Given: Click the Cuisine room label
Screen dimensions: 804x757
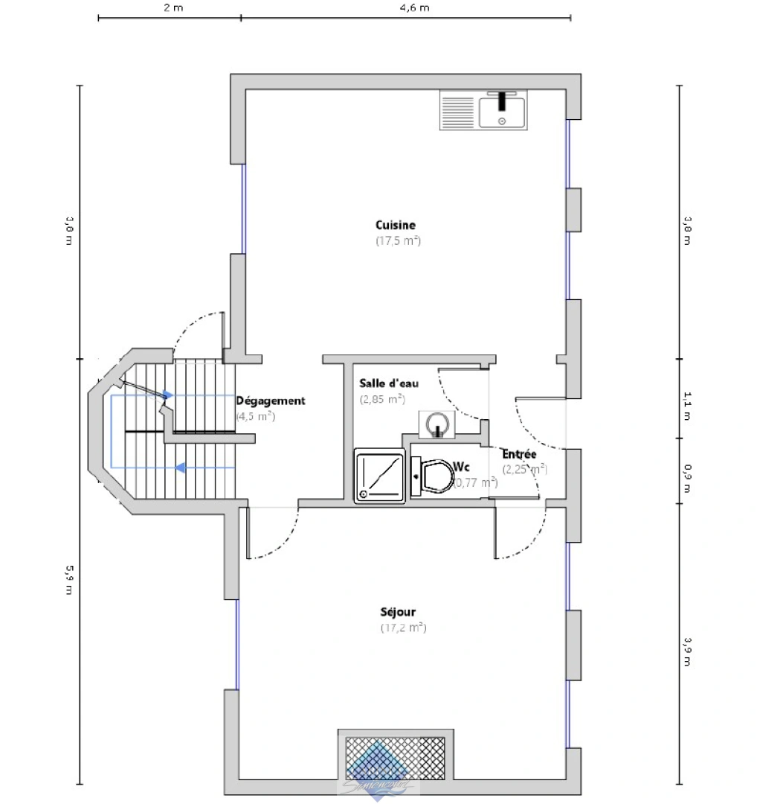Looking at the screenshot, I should pos(395,225).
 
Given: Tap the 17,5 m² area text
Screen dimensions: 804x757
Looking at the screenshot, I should pos(398,241).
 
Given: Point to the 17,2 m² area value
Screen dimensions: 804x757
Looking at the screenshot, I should pos(402,628).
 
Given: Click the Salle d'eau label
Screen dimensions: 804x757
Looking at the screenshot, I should pos(389,383).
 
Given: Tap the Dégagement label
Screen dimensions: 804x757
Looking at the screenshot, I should pos(270,401).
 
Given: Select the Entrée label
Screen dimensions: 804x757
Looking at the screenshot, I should pos(519,454).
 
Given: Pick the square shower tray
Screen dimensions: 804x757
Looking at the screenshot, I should pos(379,476).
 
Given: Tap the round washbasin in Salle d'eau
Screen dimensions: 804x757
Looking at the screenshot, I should pos(437,424).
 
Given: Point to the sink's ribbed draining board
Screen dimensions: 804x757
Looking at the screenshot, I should pos(457,110).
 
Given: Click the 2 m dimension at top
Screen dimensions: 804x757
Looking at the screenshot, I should pos(172,8).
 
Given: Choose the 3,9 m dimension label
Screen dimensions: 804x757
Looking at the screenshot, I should pos(686,652).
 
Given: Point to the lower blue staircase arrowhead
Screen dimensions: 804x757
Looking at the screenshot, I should pos(179,468).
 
